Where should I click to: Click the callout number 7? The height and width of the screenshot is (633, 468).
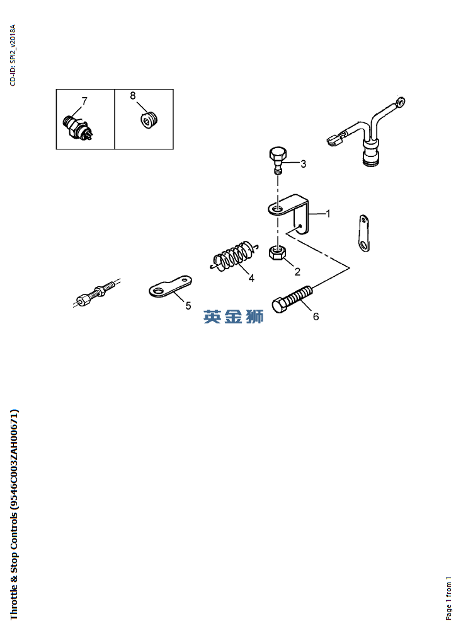pos(84,101)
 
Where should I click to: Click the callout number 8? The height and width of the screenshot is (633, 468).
pos(133,96)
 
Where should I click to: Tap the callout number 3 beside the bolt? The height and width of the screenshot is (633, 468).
pos(304,164)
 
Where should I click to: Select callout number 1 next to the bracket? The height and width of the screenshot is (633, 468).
pos(328,214)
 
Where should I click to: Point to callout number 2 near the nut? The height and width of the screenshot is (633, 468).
pos(297,272)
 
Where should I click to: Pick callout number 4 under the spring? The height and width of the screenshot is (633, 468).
pos(251,278)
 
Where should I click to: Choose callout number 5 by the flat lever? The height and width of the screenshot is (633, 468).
pos(188,306)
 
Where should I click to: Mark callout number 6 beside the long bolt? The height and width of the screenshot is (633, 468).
pos(316,316)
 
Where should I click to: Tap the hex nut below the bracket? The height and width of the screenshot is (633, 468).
pos(278,253)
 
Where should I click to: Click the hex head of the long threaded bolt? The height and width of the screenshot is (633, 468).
pos(280,305)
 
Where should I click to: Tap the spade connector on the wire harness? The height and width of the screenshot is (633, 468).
pos(335,139)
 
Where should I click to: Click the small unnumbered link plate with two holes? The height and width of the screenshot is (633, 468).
pos(365,234)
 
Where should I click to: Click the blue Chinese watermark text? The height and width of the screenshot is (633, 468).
pos(234,317)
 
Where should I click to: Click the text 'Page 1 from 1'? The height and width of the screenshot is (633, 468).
pos(448,599)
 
